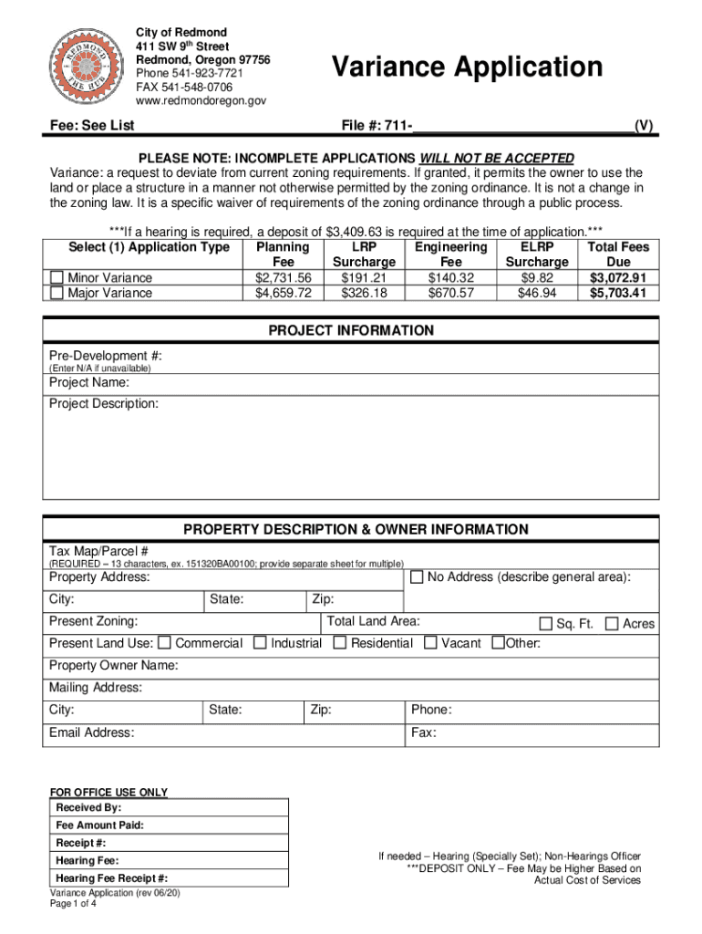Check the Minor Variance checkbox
click(x=57, y=277)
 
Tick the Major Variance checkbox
click(x=57, y=293)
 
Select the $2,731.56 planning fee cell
click(x=284, y=277)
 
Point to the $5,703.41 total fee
click(x=617, y=293)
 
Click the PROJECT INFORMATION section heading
click(x=351, y=330)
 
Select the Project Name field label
click(x=88, y=382)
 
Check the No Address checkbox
click(x=417, y=577)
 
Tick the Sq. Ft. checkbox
click(x=545, y=624)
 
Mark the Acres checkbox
click(x=612, y=624)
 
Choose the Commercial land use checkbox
click(x=165, y=643)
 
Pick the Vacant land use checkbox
click(x=430, y=643)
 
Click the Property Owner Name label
click(x=113, y=666)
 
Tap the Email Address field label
click(x=91, y=732)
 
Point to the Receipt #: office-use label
click(x=80, y=843)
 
